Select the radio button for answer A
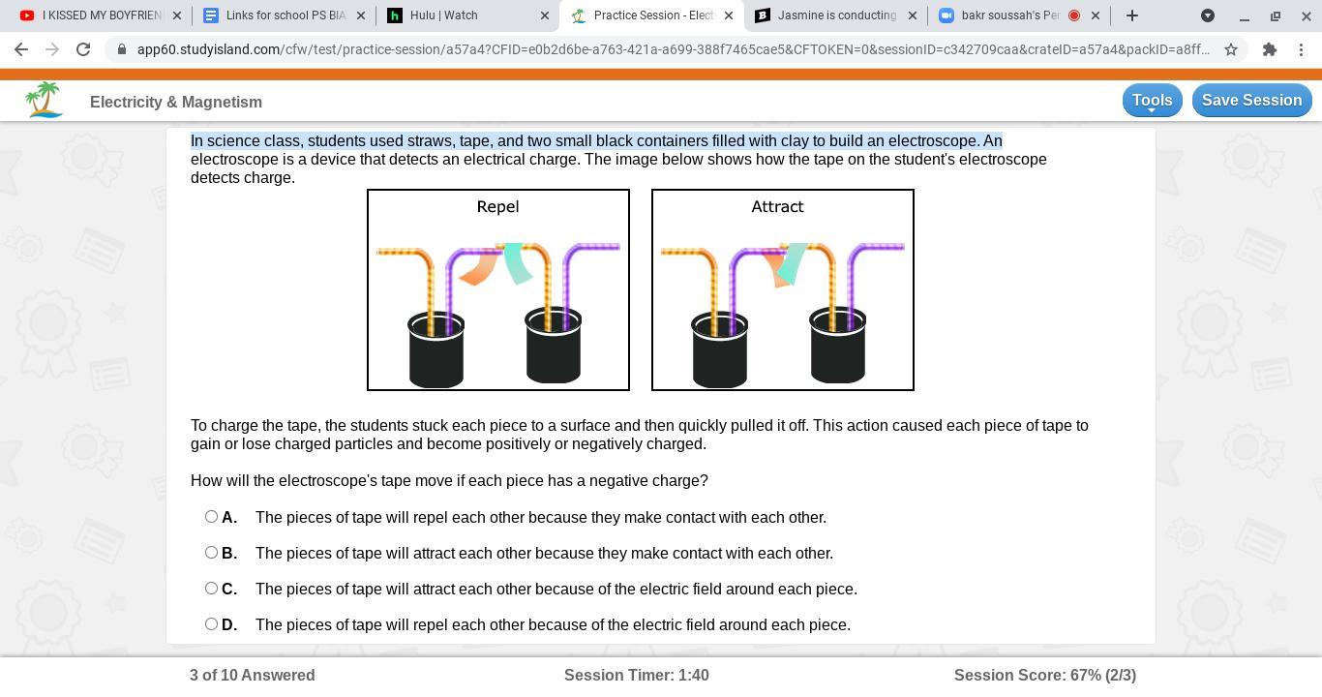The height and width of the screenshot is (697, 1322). point(211,517)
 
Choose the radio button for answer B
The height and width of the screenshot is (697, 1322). point(211,553)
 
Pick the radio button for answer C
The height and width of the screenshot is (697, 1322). point(211,589)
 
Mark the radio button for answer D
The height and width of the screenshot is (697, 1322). point(211,623)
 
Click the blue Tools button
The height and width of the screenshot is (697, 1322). point(1152,101)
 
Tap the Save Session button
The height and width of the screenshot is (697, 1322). point(1251,101)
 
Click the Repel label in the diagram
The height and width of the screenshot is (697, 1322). point(497,206)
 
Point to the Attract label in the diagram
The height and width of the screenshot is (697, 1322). point(777,206)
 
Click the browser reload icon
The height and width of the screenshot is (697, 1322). point(83,49)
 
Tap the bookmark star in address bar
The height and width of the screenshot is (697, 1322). point(1230,49)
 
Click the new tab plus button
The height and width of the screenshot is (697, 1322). point(1132,15)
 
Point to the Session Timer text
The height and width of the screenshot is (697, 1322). point(636,675)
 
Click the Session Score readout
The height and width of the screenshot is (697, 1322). point(1044,675)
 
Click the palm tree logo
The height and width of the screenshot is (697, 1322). point(44,100)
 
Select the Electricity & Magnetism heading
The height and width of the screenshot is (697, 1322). point(176,102)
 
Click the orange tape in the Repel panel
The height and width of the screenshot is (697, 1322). point(479,267)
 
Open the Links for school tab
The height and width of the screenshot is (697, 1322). point(284,15)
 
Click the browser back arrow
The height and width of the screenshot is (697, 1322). point(21,49)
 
